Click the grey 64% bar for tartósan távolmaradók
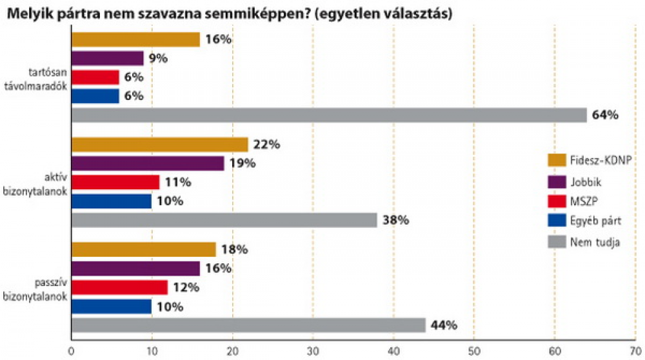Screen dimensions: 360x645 tap(329, 115)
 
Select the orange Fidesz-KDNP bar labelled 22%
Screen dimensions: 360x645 tap(159, 145)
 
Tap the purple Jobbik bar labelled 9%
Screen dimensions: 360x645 tap(107, 58)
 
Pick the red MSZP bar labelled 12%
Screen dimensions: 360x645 tap(119, 287)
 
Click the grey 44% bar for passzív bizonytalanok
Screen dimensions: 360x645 tap(248, 325)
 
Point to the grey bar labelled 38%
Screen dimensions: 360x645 tap(224, 220)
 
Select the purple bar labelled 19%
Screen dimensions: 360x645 tap(148, 163)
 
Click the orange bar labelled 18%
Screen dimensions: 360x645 tap(143, 249)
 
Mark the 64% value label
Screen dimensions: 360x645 tap(606, 115)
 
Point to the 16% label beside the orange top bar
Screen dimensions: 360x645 tap(219, 39)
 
